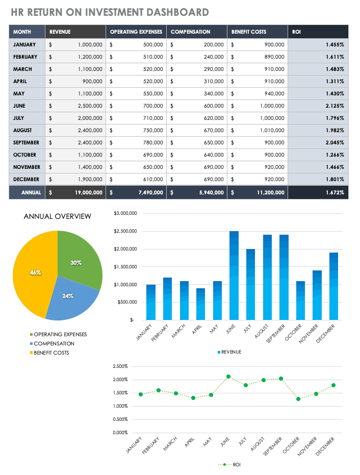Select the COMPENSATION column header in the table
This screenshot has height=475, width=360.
(x=190, y=32)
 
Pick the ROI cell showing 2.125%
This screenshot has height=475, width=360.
(x=335, y=106)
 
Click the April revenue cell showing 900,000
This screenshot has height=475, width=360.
(x=92, y=81)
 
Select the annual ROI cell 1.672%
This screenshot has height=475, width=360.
(x=335, y=192)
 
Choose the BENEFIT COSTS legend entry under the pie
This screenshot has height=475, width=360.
(x=51, y=353)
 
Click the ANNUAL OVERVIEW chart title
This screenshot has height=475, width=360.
(x=58, y=216)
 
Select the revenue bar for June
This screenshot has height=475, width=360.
(x=234, y=276)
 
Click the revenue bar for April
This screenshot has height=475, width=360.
(x=200, y=304)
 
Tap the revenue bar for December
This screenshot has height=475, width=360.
(x=333, y=286)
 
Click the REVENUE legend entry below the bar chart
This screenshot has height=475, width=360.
(x=230, y=352)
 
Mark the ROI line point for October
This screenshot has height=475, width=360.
(x=298, y=399)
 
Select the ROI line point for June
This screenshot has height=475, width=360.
(x=229, y=377)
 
